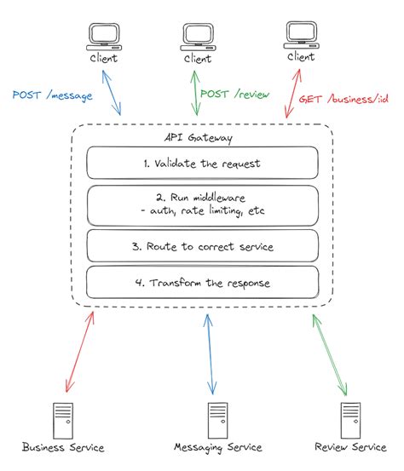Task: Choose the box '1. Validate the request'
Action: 202,162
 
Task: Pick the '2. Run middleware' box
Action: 202,204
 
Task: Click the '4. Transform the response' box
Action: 202,282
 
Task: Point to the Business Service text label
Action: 63,449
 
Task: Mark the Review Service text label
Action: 350,449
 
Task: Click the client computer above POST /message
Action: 101,36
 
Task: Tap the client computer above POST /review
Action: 198,36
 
